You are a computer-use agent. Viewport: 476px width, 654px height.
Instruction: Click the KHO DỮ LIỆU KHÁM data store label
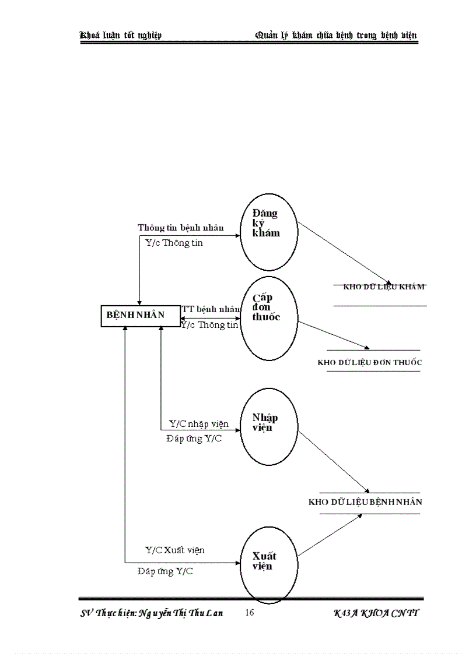coord(384,287)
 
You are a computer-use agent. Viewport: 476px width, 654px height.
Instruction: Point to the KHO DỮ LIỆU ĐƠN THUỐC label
coord(370,362)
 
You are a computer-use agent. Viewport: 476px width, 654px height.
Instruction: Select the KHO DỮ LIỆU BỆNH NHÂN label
coord(365,502)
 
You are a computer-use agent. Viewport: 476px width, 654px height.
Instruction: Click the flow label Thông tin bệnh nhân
coord(181,228)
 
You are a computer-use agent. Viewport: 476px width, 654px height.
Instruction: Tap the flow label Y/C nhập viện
coord(199,424)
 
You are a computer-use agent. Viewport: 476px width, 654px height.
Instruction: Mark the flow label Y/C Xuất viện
coord(174,550)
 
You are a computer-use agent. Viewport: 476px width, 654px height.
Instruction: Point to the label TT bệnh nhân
coord(211,309)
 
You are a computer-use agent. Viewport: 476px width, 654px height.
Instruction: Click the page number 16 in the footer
coord(250,613)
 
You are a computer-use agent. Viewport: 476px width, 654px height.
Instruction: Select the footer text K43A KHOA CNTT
coord(376,613)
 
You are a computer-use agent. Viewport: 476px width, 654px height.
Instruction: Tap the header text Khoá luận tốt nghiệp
coord(121,36)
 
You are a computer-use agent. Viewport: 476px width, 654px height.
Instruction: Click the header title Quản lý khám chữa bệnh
coord(337,36)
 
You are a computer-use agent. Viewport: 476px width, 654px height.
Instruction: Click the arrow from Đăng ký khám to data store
coord(344,252)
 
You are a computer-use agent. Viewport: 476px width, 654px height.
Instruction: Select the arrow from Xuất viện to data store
coord(330,535)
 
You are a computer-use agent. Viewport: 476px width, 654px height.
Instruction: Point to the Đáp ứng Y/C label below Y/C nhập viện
coord(194,439)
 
